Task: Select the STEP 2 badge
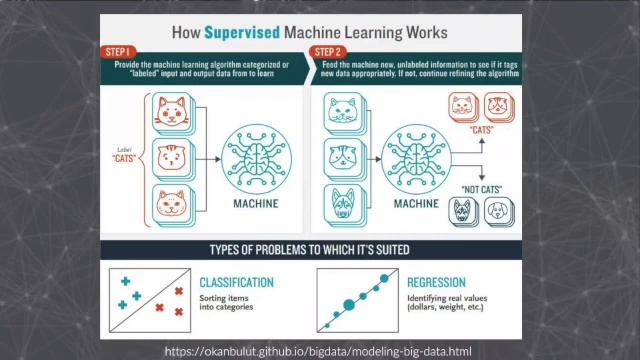click(x=329, y=50)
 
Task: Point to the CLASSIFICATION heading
click(x=237, y=283)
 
